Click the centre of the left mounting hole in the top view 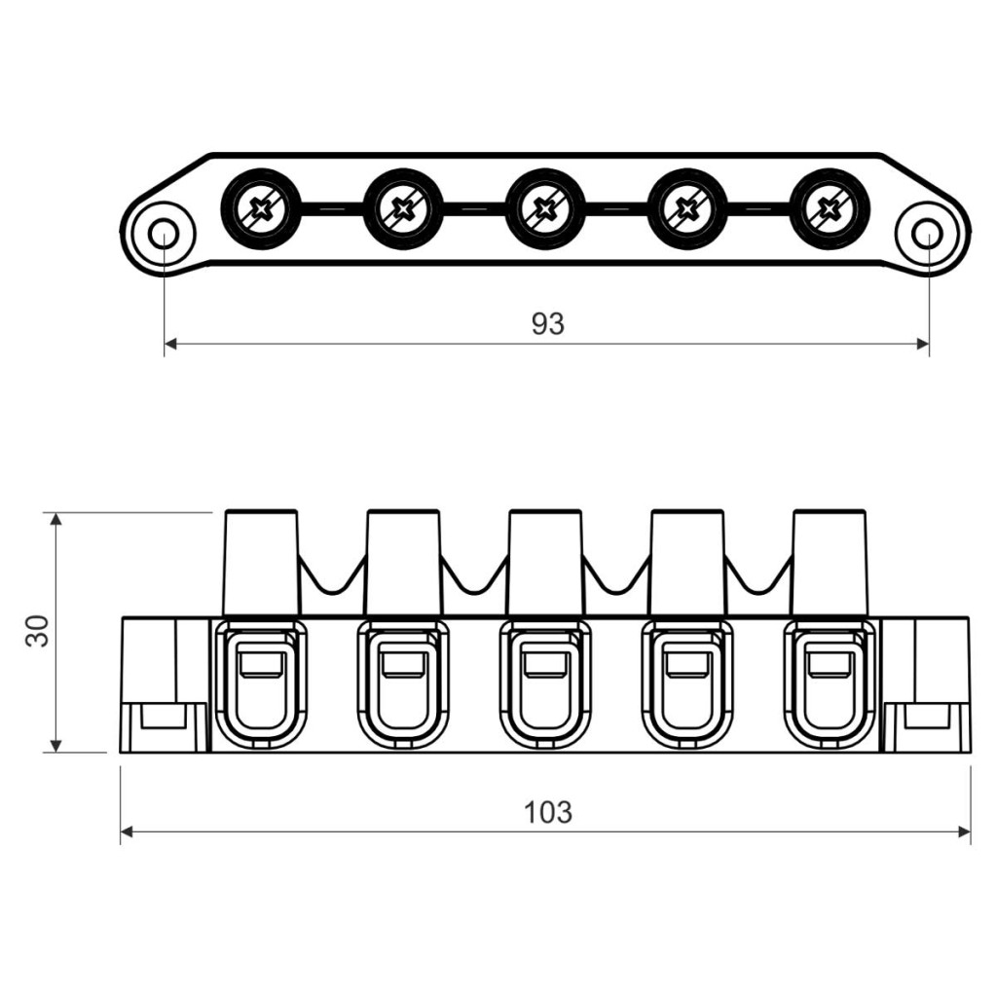click(164, 235)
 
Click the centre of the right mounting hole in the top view click(928, 235)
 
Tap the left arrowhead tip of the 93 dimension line click(165, 344)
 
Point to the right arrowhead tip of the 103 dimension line click(971, 831)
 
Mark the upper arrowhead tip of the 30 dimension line click(56, 512)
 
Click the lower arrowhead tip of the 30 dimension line click(56, 753)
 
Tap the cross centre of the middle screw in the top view click(544, 208)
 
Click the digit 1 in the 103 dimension click(531, 812)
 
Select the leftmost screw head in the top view click(261, 208)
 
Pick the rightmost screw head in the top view click(829, 208)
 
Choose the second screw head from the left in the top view click(402, 208)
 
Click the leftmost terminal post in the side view click(261, 563)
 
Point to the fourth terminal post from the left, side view click(686, 563)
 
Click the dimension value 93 click(547, 324)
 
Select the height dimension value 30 click(38, 631)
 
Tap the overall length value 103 click(547, 812)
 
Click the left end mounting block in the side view click(165, 684)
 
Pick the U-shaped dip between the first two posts click(332, 574)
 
